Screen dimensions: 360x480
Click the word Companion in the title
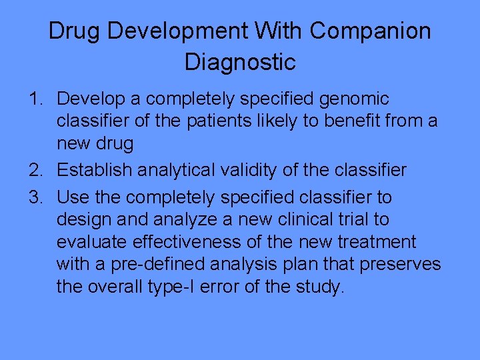370,31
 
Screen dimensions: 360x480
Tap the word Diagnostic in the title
240,62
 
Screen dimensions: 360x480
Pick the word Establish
95,171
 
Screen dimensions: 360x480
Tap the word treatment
379,241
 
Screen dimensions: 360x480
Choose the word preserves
400,264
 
